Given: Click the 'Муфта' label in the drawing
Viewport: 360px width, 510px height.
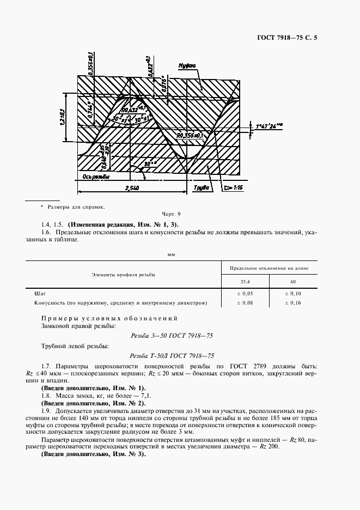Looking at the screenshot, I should click(x=187, y=65).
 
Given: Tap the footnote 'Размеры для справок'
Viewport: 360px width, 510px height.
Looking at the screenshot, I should click(x=75, y=207).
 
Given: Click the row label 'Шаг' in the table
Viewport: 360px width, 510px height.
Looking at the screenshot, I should click(x=39, y=293).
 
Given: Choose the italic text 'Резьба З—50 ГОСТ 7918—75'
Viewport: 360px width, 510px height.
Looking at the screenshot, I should click(x=173, y=336).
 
